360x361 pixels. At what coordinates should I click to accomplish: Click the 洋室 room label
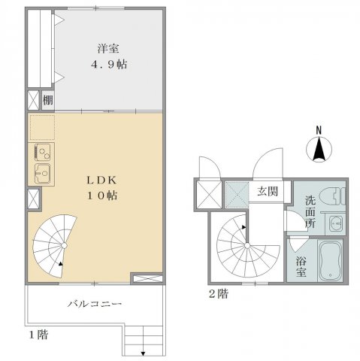coord(108,49)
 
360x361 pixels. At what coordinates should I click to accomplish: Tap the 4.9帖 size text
coord(109,65)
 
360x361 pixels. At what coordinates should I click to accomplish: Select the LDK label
coord(101,180)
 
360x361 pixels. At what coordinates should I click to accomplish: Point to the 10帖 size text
coord(102,196)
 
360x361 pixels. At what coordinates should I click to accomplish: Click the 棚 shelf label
coord(48,100)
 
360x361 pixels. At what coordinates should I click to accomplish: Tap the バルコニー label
coord(95,304)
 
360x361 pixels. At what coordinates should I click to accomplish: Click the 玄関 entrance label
coord(268,192)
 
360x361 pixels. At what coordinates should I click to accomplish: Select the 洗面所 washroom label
coord(310,212)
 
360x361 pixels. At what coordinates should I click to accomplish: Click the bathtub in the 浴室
coord(330,261)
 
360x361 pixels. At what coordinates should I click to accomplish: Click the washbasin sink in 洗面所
coord(335,223)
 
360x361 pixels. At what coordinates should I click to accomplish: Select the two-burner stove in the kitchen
coord(43,153)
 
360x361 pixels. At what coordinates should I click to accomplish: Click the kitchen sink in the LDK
coord(43,174)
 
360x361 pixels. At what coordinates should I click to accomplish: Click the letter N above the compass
coord(319,130)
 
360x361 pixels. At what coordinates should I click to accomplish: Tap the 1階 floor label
coord(38,335)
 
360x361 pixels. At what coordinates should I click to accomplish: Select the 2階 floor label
coord(219,294)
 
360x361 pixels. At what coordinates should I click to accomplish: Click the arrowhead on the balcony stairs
coord(143,353)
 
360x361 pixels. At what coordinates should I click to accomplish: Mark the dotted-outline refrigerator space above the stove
coord(42,128)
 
